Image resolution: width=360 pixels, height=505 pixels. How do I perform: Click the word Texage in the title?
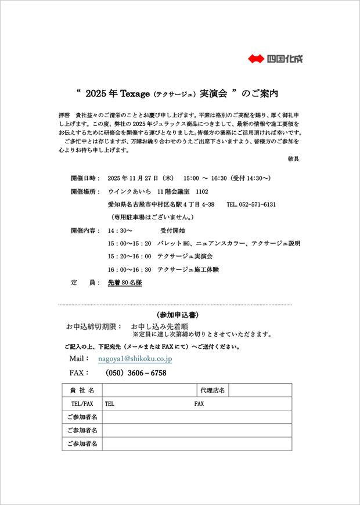pos(136,92)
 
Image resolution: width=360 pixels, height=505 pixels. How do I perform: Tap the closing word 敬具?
pos(294,158)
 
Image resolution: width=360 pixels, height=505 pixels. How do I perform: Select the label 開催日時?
pos(85,178)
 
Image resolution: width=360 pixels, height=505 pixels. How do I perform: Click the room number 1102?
pos(201,191)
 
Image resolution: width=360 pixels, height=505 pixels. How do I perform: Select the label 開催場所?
pos(85,191)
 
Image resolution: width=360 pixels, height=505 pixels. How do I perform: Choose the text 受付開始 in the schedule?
pos(172,230)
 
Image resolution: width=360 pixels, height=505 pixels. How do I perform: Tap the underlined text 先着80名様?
pos(124,283)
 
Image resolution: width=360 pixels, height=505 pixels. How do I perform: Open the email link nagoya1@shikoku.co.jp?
pos(135,359)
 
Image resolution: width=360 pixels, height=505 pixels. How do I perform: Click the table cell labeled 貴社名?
pos(82,390)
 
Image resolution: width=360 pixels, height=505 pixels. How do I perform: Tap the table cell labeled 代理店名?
pos(213,390)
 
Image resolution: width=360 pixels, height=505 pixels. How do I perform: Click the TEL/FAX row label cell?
pos(82,403)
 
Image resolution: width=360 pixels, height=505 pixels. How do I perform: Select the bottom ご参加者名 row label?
pos(82,444)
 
